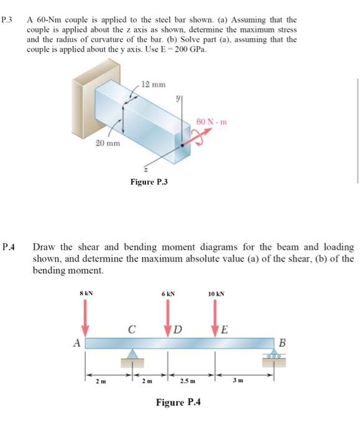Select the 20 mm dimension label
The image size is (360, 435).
click(107, 144)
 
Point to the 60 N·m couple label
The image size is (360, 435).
click(211, 121)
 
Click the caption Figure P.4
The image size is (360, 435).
click(178, 403)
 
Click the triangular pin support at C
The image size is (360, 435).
click(132, 354)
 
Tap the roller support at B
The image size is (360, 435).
click(274, 354)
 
